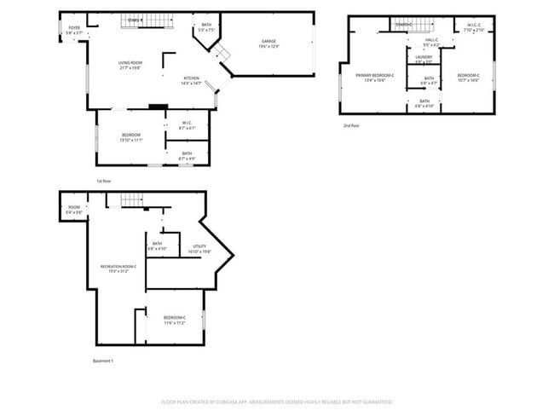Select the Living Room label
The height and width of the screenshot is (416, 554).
(130, 64)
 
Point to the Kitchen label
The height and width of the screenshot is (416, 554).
(191, 80)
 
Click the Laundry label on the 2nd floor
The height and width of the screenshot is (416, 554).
(424, 59)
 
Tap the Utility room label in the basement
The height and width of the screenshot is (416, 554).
(199, 249)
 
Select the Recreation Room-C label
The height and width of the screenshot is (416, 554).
(118, 269)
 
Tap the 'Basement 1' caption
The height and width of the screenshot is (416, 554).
(103, 361)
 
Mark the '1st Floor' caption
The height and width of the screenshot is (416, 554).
(104, 181)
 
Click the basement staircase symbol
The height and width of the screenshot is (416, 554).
(130, 199)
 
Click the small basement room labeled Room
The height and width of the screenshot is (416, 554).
(74, 210)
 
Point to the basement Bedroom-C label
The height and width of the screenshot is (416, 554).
(175, 321)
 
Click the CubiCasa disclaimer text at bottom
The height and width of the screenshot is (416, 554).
(277, 402)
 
